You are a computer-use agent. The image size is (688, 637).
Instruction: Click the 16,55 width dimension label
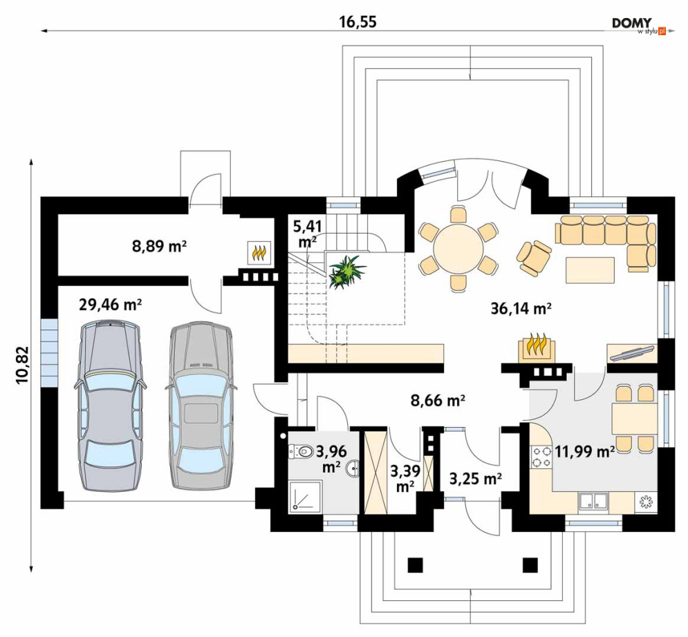coord(357,21)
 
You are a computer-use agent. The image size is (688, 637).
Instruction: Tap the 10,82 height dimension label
coord(22,365)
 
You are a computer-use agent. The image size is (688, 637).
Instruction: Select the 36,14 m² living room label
coord(521,309)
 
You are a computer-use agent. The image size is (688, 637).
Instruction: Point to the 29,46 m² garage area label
coord(110,304)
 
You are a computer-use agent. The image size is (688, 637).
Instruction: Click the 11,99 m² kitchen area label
coord(584,451)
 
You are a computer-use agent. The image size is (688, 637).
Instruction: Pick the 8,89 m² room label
coord(159,247)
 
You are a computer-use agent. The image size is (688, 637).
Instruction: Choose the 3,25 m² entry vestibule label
coord(476,479)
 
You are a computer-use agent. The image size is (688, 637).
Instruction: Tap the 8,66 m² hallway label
coord(438,400)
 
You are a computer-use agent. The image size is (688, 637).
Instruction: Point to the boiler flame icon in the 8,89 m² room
coord(259,253)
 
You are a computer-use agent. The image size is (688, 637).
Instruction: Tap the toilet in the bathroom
coord(300,451)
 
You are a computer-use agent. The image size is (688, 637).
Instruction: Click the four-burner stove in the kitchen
coord(541,457)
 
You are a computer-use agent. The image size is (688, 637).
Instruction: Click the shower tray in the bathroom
coord(306,495)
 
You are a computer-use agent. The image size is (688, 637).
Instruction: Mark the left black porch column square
coord(415,564)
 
